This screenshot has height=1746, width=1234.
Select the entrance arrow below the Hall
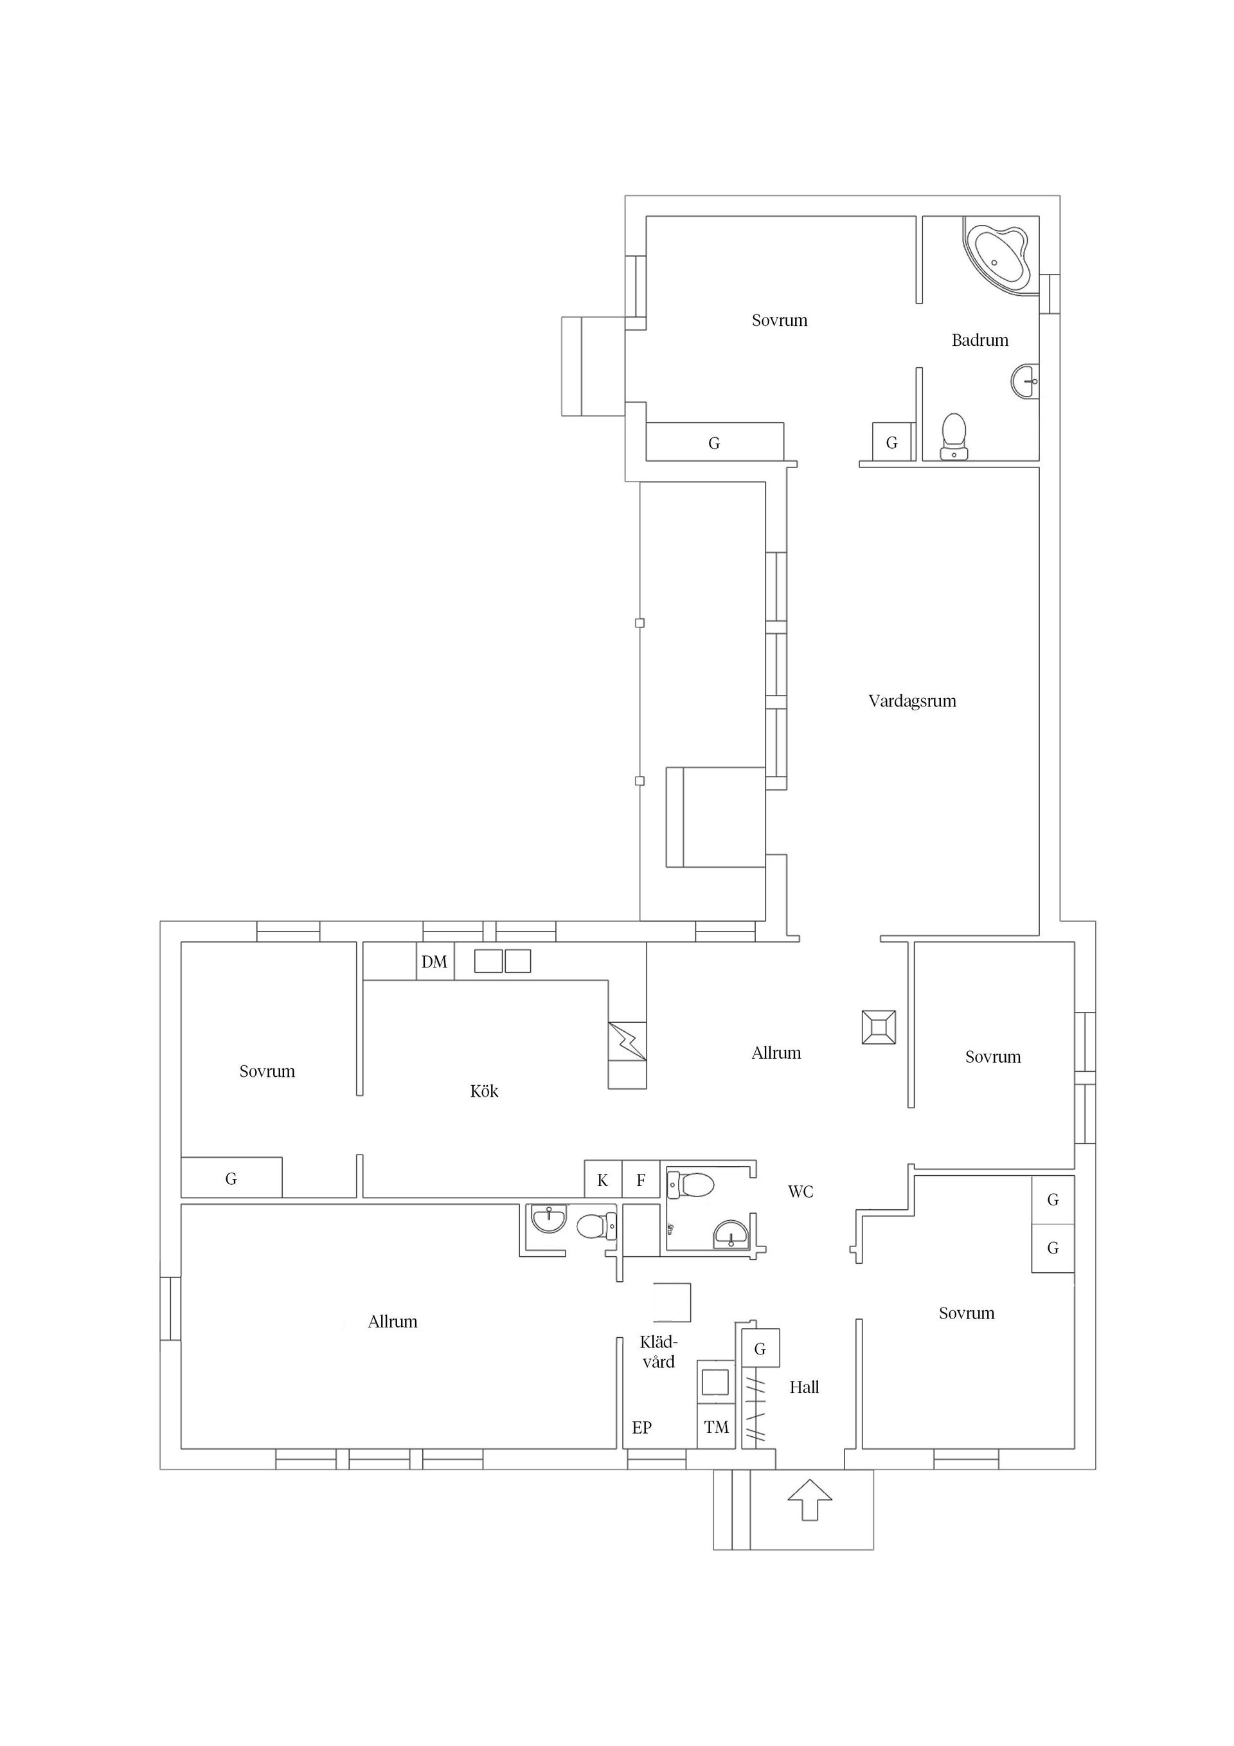click(809, 1500)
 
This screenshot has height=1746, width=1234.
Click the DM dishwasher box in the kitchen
click(435, 962)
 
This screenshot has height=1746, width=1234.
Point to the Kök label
click(485, 1092)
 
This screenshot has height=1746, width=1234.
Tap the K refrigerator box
click(603, 1180)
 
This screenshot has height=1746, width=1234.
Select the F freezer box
click(641, 1180)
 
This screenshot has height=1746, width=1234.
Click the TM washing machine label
click(716, 1427)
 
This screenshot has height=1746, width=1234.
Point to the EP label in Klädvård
click(641, 1427)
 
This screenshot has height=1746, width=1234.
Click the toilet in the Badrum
click(954, 437)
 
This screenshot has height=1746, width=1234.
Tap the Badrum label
click(980, 340)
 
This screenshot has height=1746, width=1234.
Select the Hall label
click(805, 1387)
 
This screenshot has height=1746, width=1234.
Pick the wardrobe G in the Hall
click(760, 1348)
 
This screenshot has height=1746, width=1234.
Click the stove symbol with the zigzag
click(627, 1041)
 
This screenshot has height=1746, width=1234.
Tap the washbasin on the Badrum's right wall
click(1026, 380)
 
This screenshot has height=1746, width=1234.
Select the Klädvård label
click(658, 1352)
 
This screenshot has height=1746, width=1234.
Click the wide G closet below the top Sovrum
click(715, 442)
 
